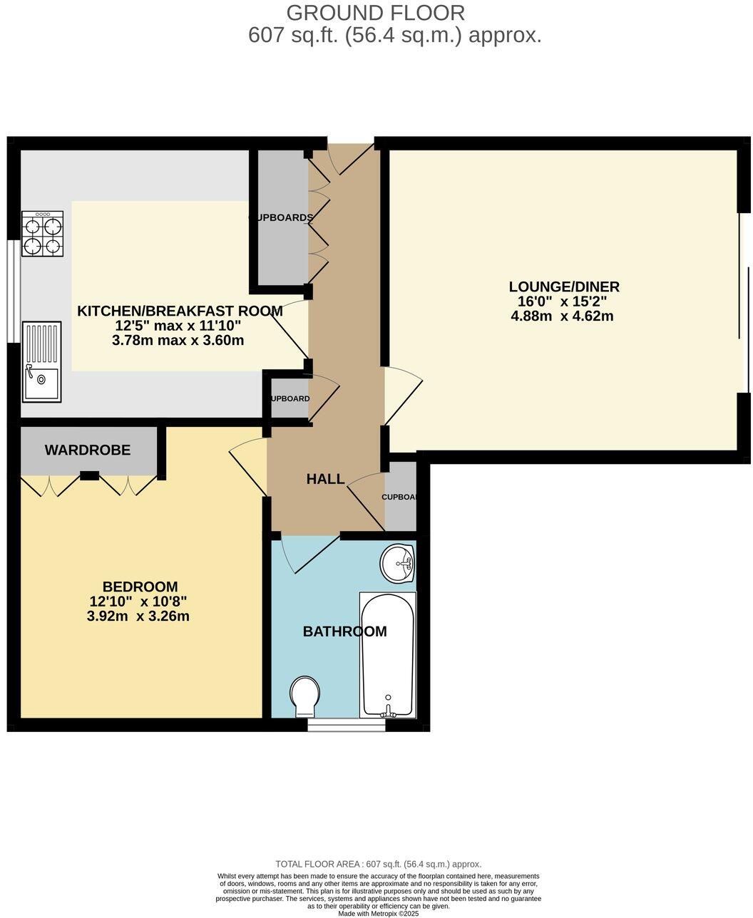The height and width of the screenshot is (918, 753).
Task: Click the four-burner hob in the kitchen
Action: tap(42, 234)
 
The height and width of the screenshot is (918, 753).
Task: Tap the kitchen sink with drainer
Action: tap(42, 361)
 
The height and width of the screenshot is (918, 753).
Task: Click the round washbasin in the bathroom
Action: tap(398, 564)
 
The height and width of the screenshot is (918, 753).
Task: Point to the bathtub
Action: tap(387, 654)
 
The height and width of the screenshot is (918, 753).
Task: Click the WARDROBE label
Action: tap(88, 450)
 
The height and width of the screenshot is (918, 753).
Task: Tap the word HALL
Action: tap(325, 479)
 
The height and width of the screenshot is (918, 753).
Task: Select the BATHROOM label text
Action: tap(344, 631)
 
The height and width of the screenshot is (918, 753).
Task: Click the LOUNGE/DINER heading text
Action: tap(563, 287)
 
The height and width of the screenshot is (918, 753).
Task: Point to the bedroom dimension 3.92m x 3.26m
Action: tap(138, 616)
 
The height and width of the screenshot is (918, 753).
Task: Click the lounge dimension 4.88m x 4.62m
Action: tap(563, 316)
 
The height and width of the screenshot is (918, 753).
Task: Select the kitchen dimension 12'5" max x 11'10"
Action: tap(178, 326)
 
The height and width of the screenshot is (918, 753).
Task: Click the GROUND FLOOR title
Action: tap(375, 12)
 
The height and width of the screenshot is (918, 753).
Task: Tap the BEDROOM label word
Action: tap(140, 587)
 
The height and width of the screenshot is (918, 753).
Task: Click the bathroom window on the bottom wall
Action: tap(347, 725)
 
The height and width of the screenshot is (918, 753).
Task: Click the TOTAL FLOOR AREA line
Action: tap(378, 864)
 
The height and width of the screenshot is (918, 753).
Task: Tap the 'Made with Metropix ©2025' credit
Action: tap(378, 913)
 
